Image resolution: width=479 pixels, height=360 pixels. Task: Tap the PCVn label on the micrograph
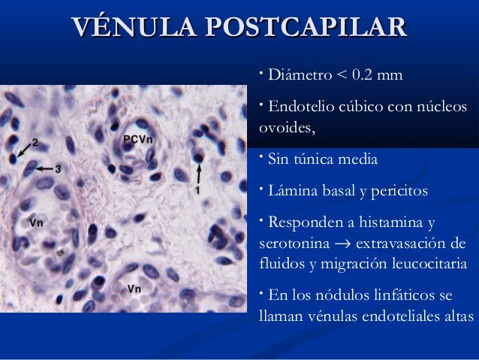point(140,141)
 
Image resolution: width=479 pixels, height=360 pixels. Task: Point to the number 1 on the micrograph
point(197,191)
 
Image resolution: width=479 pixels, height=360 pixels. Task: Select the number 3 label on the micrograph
point(58,168)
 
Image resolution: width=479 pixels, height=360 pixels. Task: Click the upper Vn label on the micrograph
point(36,222)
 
